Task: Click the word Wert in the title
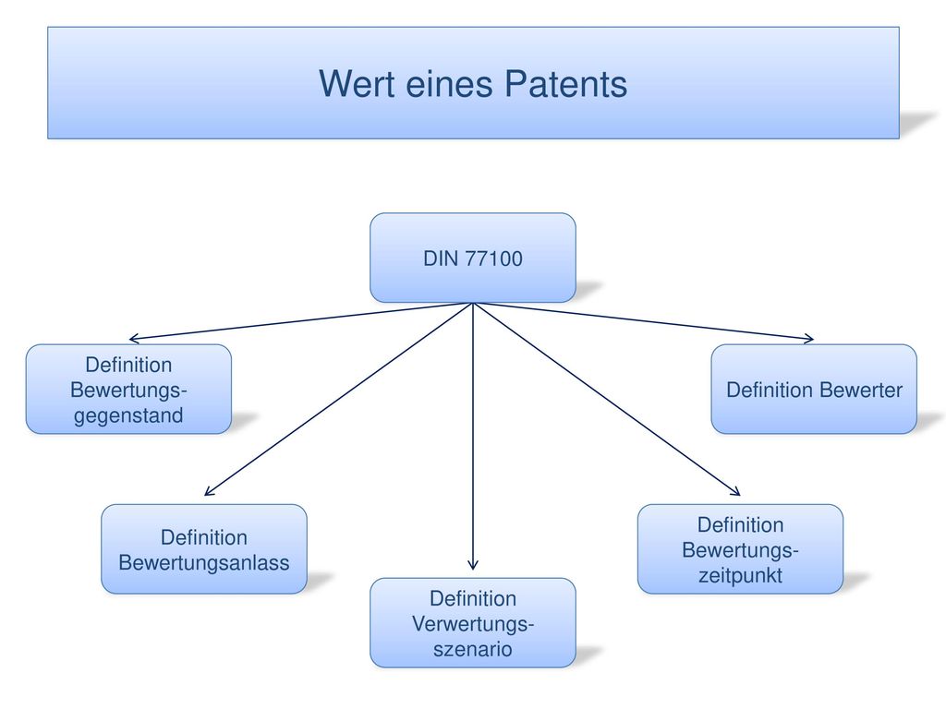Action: [357, 83]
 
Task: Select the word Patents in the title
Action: [566, 83]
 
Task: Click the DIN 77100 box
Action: [473, 258]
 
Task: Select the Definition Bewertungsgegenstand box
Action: [128, 389]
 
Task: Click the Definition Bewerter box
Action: [814, 389]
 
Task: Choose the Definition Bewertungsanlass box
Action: [204, 549]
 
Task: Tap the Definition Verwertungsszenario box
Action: [473, 623]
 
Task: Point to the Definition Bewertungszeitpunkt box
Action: [740, 549]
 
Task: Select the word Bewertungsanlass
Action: [204, 562]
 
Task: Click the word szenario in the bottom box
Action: [473, 649]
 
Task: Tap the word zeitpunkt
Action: [740, 576]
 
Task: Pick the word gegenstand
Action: [128, 416]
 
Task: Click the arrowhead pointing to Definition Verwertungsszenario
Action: [473, 566]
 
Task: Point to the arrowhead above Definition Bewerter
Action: [809, 339]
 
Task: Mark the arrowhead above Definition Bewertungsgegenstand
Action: [134, 339]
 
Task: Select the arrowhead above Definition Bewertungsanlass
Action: [209, 491]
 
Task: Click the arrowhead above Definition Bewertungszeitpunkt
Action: [736, 491]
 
